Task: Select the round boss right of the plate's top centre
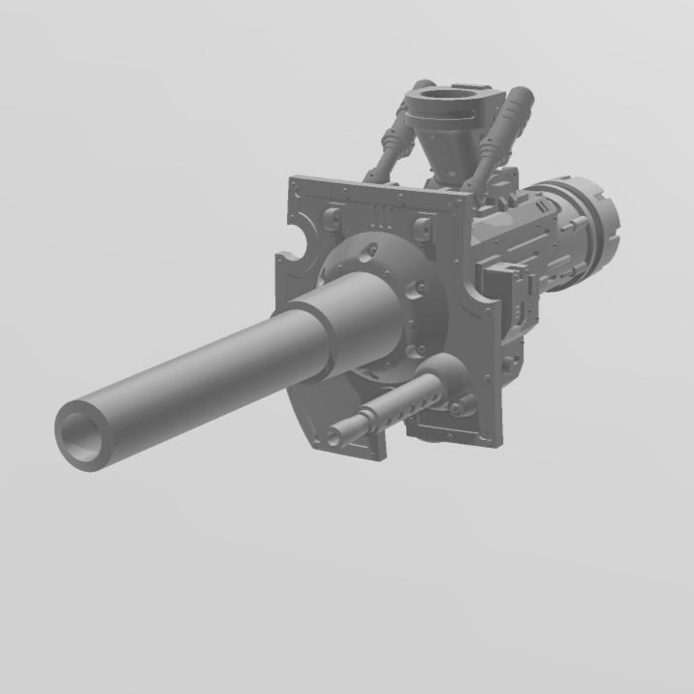click(x=422, y=230)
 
